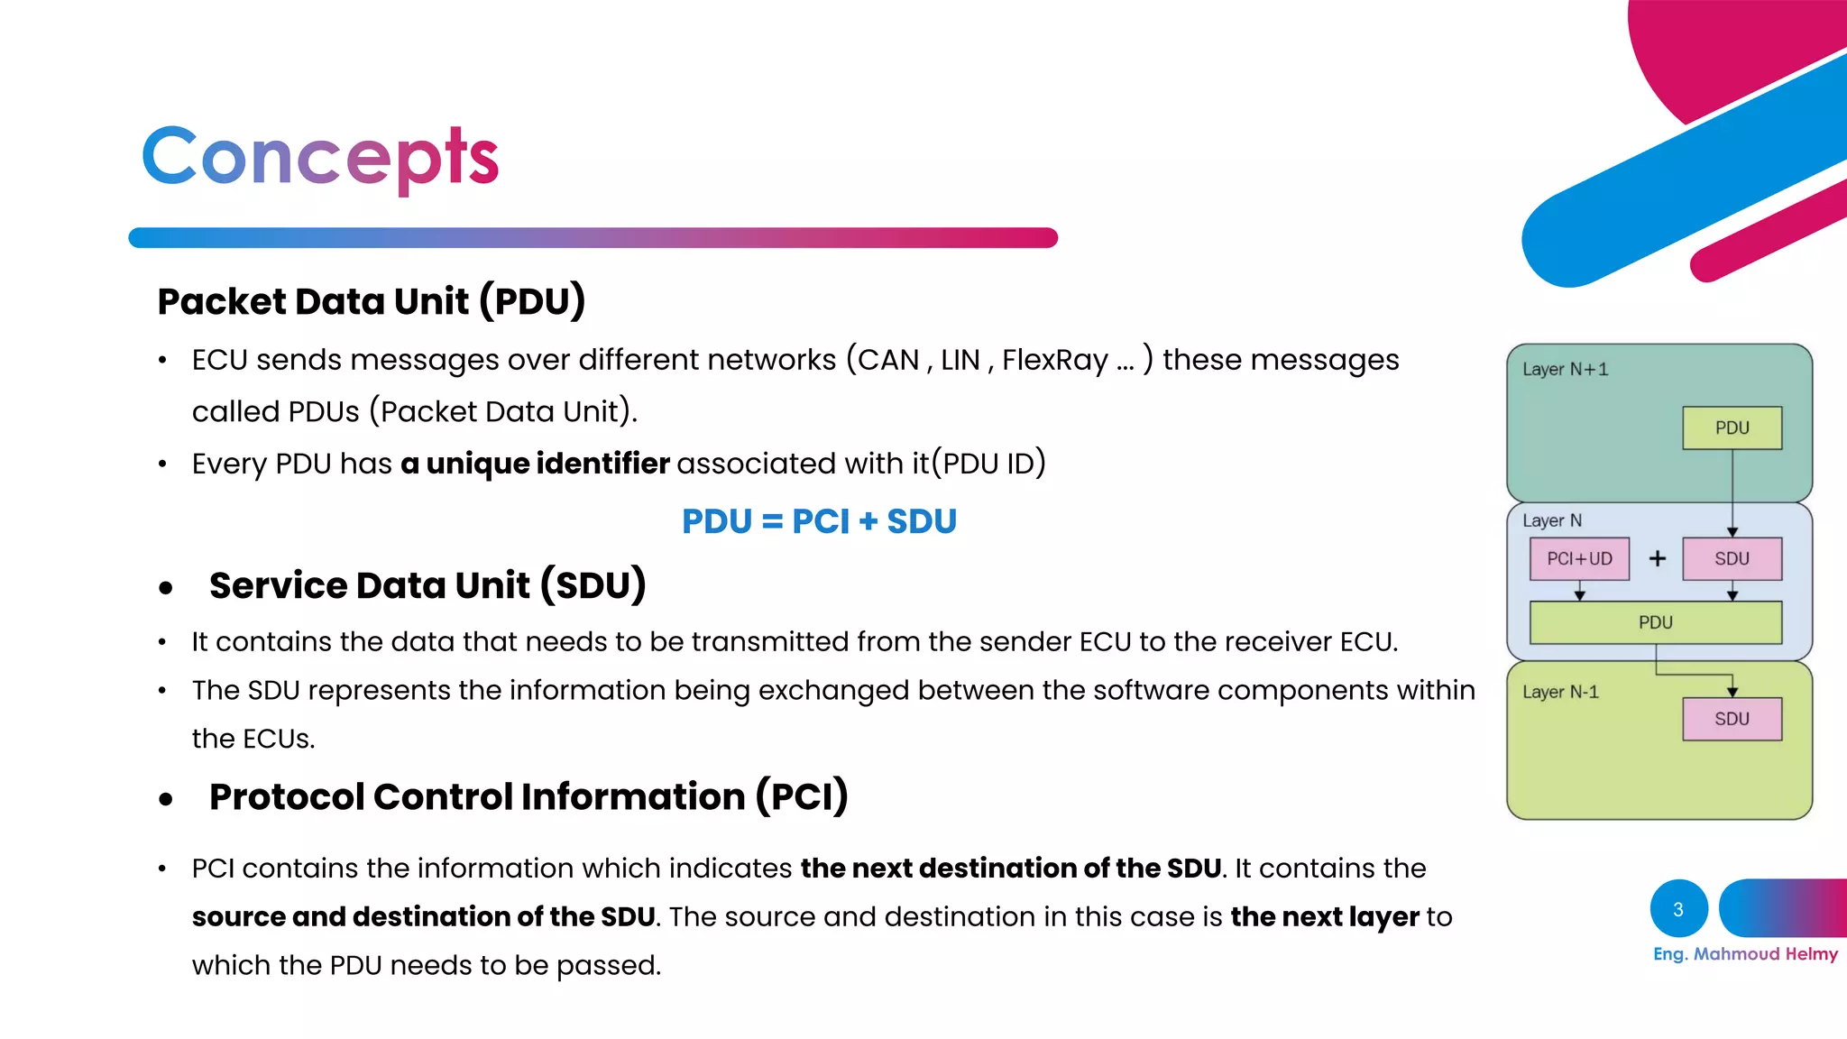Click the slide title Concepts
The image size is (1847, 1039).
click(x=320, y=157)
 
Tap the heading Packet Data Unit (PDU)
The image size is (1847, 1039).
click(x=371, y=301)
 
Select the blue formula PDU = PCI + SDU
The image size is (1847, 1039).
click(x=819, y=521)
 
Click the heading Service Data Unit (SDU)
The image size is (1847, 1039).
click(x=427, y=585)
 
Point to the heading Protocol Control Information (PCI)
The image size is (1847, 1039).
click(x=528, y=796)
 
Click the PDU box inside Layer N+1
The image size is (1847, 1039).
click(x=1732, y=428)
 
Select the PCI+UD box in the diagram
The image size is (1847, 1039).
click(x=1579, y=559)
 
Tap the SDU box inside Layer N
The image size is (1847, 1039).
click(x=1732, y=559)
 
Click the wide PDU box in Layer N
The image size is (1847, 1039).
click(x=1655, y=622)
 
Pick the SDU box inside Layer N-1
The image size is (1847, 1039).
click(x=1732, y=719)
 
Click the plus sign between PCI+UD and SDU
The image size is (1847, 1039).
click(x=1658, y=559)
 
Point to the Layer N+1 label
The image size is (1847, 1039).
click(x=1565, y=370)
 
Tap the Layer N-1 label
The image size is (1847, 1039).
click(x=1560, y=692)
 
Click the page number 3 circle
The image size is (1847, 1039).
click(x=1678, y=909)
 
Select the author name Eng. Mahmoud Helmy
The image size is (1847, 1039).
click(x=1745, y=954)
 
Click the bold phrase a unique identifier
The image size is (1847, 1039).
click(x=535, y=464)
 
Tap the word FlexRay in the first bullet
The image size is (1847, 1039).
click(x=1054, y=360)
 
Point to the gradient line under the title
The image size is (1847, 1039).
click(x=593, y=238)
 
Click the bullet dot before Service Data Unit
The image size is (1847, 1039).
click(x=165, y=589)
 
